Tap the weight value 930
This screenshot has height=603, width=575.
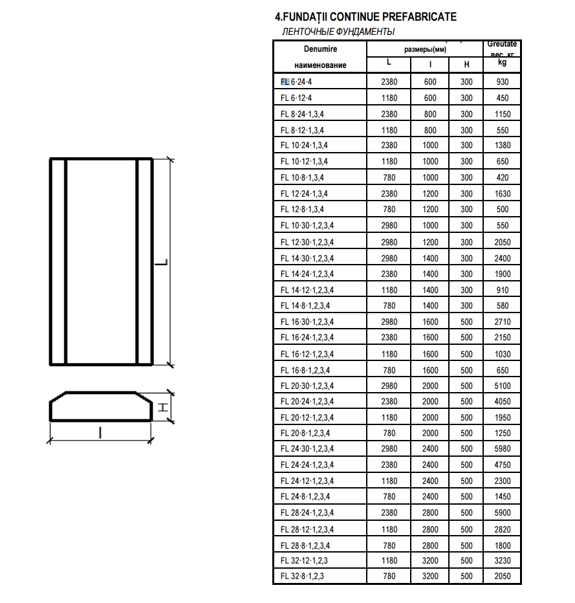503,82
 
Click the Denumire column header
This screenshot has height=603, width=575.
320,49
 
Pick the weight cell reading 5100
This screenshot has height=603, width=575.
503,386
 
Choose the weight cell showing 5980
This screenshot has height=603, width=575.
503,449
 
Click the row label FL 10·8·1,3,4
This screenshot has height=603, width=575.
303,177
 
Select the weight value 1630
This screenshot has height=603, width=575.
503,193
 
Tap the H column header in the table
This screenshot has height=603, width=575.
466,65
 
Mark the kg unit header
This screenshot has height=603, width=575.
503,63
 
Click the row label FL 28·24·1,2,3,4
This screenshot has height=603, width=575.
308,512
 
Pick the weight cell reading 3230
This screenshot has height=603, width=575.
503,560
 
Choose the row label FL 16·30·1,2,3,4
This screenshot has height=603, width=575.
308,322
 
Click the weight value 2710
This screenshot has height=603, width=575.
503,322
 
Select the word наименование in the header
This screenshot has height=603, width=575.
320,65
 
